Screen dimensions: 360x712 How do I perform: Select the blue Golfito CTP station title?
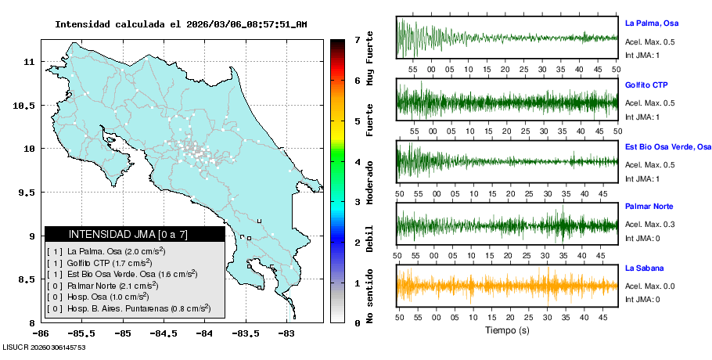coord(646,85)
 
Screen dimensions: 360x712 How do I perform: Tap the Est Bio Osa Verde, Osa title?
coord(668,146)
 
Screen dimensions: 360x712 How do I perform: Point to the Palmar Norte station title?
coord(649,207)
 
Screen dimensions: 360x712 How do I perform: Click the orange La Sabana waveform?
coord(507,286)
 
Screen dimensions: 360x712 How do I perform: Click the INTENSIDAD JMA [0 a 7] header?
coord(135,234)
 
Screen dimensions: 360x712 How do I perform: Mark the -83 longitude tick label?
coord(286,333)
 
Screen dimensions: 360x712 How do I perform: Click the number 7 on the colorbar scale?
coord(357,39)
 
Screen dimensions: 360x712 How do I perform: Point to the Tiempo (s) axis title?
coord(507,330)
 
